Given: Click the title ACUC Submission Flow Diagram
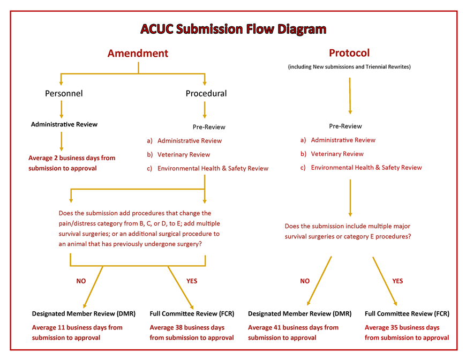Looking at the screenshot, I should (233, 28).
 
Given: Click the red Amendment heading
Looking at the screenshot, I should (138, 53).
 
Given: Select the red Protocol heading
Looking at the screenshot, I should (349, 53).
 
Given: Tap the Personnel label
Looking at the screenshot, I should (64, 93).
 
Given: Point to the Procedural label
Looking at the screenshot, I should (206, 93).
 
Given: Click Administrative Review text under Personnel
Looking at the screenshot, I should (64, 124).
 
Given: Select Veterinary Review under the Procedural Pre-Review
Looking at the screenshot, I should (183, 154).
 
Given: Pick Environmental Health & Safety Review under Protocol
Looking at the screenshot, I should (366, 168).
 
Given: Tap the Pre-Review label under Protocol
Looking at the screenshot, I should (345, 126).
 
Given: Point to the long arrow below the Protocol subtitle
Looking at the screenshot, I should (350, 95).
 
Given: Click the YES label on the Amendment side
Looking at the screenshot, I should (191, 281).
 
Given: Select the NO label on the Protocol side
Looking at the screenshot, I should (305, 281).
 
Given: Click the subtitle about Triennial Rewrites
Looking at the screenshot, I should (349, 67).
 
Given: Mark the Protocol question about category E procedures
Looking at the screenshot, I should (348, 231).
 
